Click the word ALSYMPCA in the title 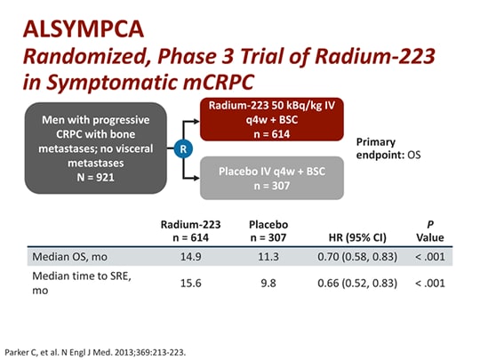tap(84, 29)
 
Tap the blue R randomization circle tap(183, 148)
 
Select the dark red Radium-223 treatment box tap(272, 119)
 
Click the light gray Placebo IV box tap(272, 178)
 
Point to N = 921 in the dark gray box tap(95, 177)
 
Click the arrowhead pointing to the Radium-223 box tap(196, 122)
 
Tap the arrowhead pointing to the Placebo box tap(196, 178)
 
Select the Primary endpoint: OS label tap(388, 148)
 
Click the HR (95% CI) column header tap(357, 237)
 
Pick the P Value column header tap(430, 231)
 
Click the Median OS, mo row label tap(69, 257)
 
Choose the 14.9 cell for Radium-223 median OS tap(191, 257)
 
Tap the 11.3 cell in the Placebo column tap(268, 257)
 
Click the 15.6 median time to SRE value tap(191, 284)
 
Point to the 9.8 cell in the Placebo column tap(268, 284)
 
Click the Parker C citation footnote tap(95, 352)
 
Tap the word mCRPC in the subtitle tap(219, 82)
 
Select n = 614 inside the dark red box tap(272, 134)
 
